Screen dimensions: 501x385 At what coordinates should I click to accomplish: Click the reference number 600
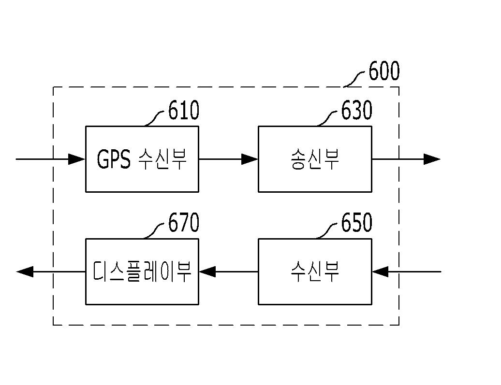point(384,71)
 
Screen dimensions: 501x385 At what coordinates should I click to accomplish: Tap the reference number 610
point(184,110)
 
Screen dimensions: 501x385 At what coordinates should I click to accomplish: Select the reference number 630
point(356,110)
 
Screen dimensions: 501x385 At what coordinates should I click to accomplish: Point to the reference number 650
point(356,222)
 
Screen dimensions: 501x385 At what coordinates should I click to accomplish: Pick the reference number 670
point(184,222)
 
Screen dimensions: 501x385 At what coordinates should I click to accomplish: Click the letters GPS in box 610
point(114,159)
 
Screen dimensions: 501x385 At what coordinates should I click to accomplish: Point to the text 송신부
point(315,159)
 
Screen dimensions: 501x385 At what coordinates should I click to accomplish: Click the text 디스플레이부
point(142,271)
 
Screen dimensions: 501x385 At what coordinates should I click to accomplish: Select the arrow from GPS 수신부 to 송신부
point(228,159)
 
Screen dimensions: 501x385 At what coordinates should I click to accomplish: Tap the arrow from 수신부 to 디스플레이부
point(228,271)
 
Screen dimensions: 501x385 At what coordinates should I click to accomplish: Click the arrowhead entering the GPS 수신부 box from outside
point(77,159)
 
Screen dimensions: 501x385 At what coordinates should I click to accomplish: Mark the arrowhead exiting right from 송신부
point(432,159)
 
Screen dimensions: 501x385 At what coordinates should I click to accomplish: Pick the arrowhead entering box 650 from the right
point(380,271)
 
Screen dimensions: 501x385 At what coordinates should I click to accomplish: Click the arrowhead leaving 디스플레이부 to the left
point(25,271)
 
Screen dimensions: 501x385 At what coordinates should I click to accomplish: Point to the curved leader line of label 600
point(354,79)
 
